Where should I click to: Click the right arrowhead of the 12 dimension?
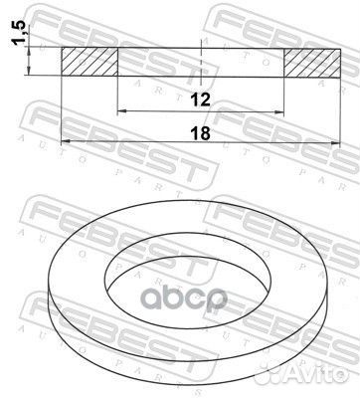point(282,111)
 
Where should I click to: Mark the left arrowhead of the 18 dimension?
point(66,141)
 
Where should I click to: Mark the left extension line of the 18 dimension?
point(62,109)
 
